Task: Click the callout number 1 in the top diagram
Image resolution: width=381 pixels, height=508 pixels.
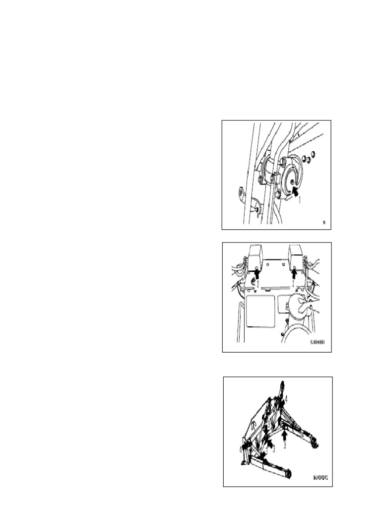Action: tap(299, 200)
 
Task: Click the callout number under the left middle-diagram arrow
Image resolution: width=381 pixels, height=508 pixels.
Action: tap(256, 283)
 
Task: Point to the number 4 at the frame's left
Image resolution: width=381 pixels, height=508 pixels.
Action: tap(242, 449)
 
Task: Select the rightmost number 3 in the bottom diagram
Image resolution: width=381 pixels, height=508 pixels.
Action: tap(284, 446)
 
